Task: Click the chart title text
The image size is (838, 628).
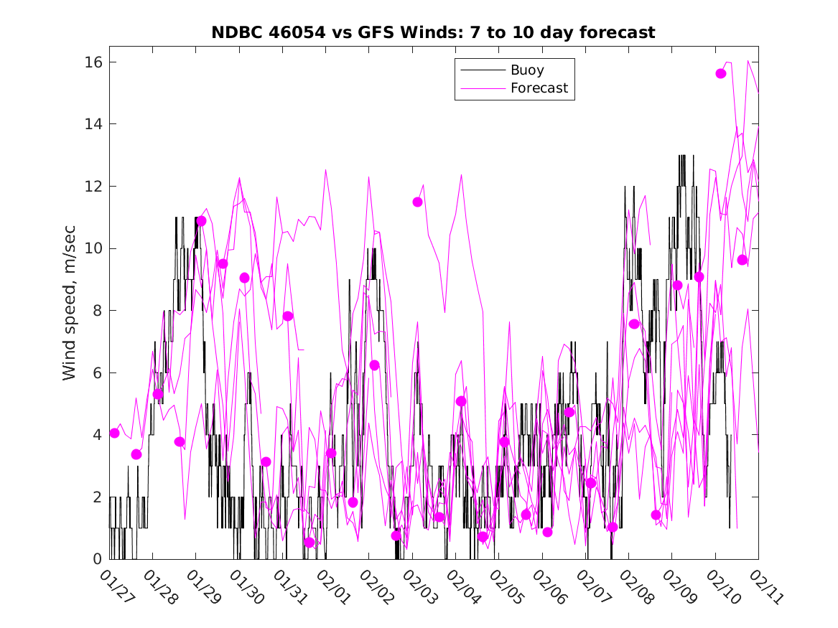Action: coord(433,33)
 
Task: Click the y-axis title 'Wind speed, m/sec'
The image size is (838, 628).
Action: coord(70,311)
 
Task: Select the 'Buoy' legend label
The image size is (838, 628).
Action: coord(527,70)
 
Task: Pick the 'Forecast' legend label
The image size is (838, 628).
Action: coord(539,88)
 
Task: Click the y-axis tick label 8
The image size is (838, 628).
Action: coord(93,311)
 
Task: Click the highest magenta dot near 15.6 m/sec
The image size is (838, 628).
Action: coord(721,74)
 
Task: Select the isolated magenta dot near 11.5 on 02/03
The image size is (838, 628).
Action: coord(417,202)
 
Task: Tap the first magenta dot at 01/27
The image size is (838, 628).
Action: coord(115,433)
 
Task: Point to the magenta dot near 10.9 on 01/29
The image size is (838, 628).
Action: coord(201,221)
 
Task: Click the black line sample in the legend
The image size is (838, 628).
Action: coord(482,70)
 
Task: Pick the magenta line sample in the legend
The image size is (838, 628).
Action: coord(482,88)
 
